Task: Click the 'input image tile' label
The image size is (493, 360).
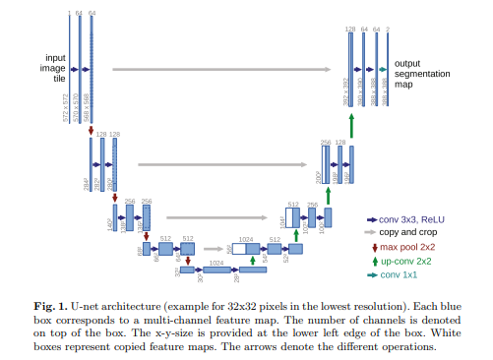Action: click(51, 70)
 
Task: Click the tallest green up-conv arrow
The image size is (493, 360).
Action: click(350, 126)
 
